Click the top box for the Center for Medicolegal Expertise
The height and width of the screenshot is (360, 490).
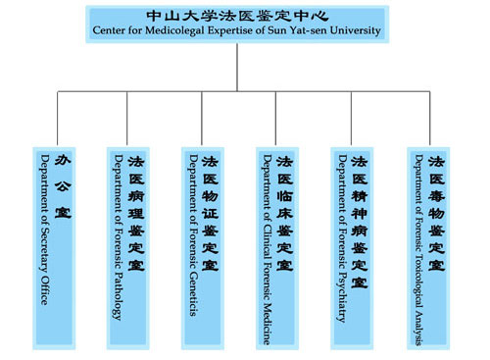click(x=238, y=24)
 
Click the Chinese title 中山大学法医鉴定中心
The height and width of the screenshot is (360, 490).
click(x=238, y=16)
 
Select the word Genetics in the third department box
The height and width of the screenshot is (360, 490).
click(x=193, y=294)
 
